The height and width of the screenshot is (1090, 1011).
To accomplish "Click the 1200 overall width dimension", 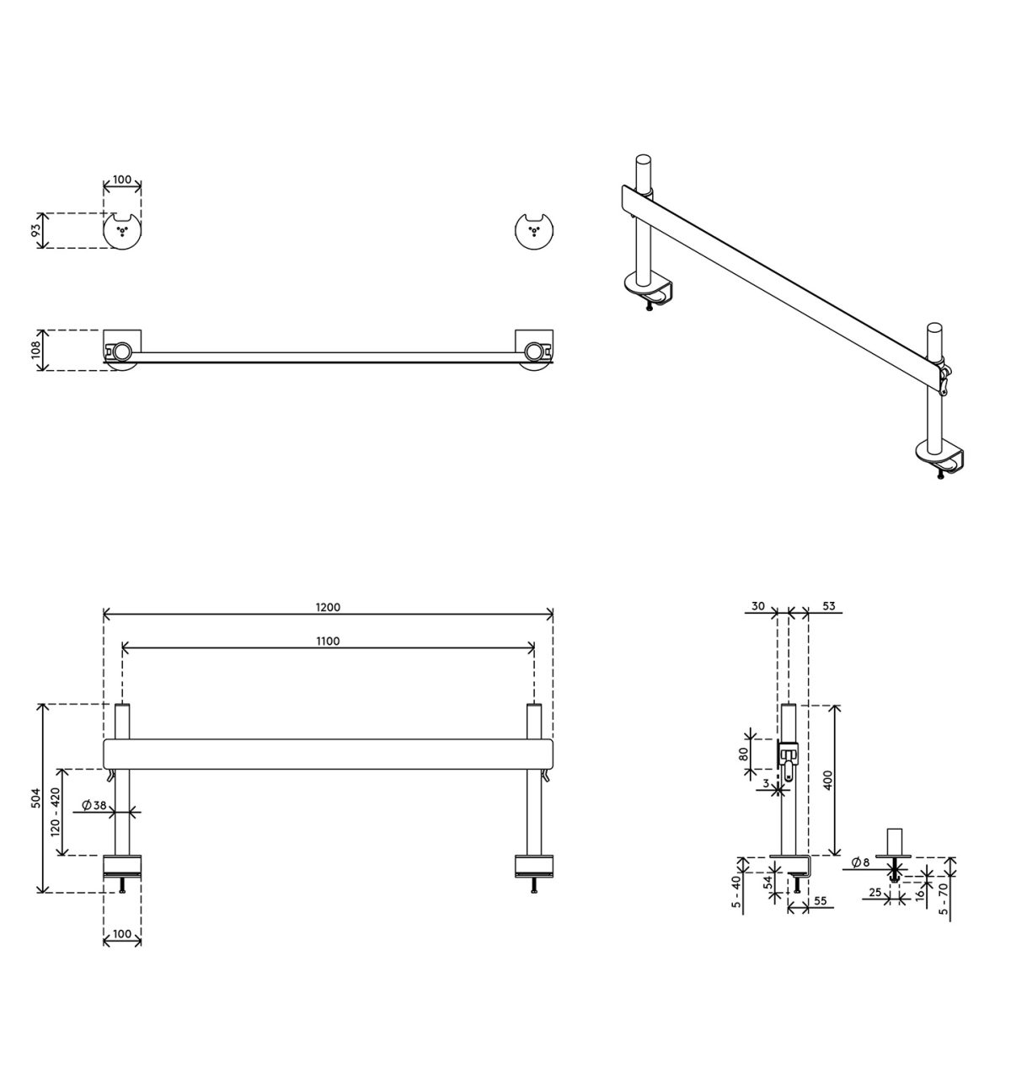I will pyautogui.click(x=328, y=607).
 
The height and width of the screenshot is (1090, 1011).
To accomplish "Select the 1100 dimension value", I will pyautogui.click(x=328, y=642).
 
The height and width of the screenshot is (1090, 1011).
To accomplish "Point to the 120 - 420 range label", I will pyautogui.click(x=56, y=812).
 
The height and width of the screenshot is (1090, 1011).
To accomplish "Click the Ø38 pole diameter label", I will pyautogui.click(x=94, y=805).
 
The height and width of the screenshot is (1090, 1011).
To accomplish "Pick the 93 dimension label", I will pyautogui.click(x=36, y=230).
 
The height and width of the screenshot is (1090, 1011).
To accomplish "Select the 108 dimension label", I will pyautogui.click(x=36, y=350).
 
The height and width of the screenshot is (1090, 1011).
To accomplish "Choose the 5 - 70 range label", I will pyautogui.click(x=944, y=899).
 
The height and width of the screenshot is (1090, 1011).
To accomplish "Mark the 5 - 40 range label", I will pyautogui.click(x=736, y=894).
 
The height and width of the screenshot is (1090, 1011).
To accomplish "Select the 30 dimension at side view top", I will pyautogui.click(x=757, y=606).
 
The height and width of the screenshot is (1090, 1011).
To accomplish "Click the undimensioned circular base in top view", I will pyautogui.click(x=532, y=230).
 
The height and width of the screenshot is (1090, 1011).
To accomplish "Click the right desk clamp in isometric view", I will pyautogui.click(x=943, y=459).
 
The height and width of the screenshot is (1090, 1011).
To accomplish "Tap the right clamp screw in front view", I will pyautogui.click(x=533, y=884).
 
